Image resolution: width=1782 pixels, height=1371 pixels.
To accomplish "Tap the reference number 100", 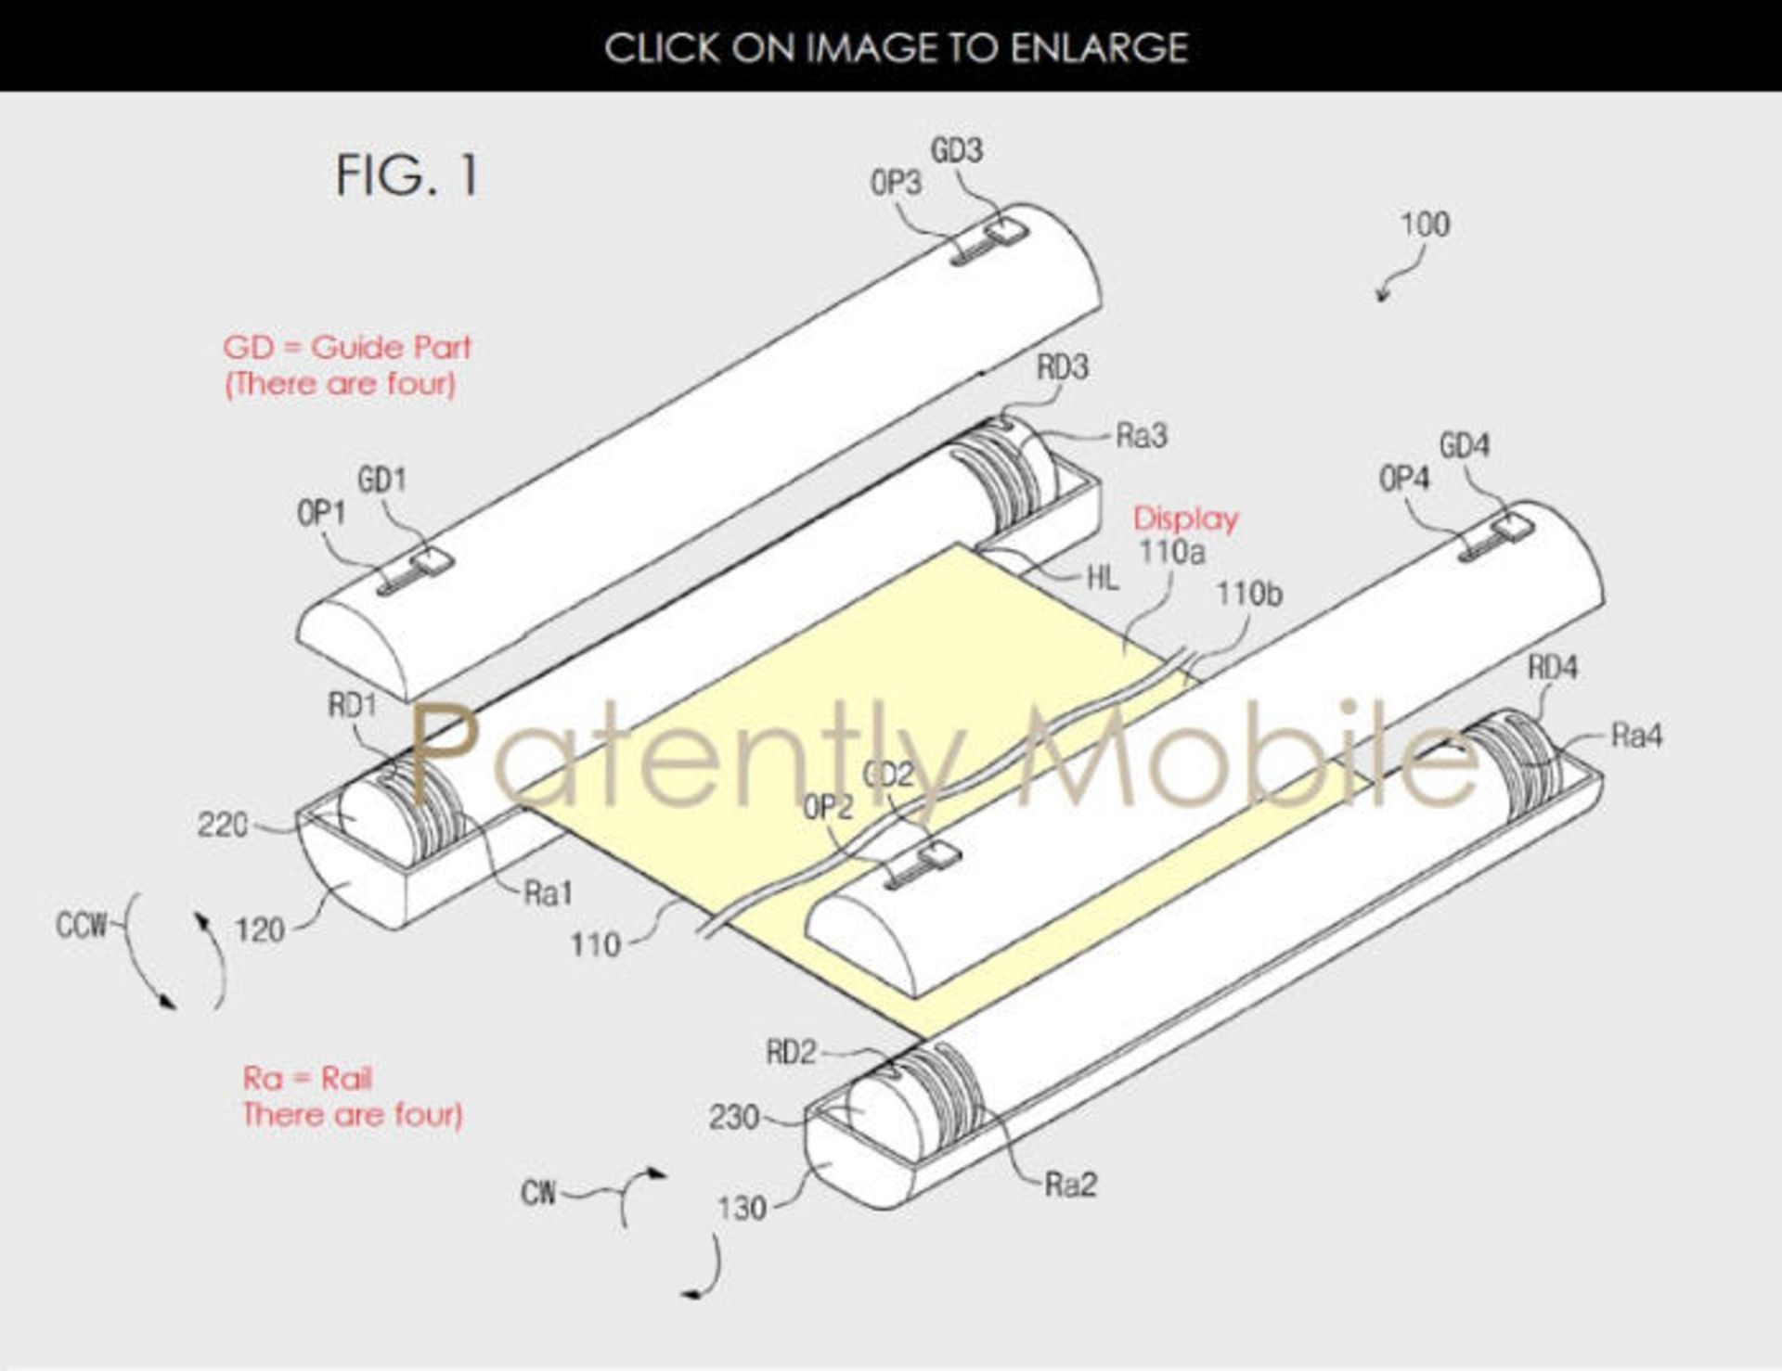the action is pyautogui.click(x=1425, y=224).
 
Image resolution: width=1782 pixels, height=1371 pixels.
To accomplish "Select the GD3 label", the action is pyautogui.click(x=957, y=150).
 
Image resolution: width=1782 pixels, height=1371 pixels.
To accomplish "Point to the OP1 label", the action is pyautogui.click(x=321, y=512).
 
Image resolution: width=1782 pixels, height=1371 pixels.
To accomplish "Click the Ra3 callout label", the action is pyautogui.click(x=1142, y=435).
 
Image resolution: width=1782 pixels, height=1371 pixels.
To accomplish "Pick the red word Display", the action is pyautogui.click(x=1186, y=519).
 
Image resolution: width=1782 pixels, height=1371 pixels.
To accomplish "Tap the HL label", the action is pyautogui.click(x=1103, y=578).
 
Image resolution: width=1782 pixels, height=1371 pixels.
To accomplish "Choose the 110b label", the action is pyautogui.click(x=1249, y=593).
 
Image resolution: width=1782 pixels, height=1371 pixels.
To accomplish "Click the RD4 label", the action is pyautogui.click(x=1553, y=667).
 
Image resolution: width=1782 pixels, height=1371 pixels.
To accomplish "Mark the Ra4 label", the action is pyautogui.click(x=1637, y=736).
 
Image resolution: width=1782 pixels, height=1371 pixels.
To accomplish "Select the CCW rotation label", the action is pyautogui.click(x=81, y=925).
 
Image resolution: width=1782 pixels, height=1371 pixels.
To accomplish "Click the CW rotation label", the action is pyautogui.click(x=538, y=1192).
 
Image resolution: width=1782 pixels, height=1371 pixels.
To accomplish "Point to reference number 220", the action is pyautogui.click(x=223, y=824).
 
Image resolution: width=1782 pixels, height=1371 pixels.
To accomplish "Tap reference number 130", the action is pyautogui.click(x=742, y=1208).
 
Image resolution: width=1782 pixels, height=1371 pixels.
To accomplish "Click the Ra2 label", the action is pyautogui.click(x=1070, y=1185).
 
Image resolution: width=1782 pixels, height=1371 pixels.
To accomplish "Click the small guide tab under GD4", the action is pyautogui.click(x=1513, y=530).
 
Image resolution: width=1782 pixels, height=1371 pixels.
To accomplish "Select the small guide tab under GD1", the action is pyautogui.click(x=433, y=562).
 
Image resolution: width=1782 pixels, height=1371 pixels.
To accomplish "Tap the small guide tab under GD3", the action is pyautogui.click(x=1006, y=231).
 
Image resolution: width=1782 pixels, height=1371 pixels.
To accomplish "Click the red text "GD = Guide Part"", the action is pyautogui.click(x=347, y=347).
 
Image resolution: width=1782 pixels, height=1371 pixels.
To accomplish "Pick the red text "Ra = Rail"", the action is pyautogui.click(x=307, y=1078).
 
